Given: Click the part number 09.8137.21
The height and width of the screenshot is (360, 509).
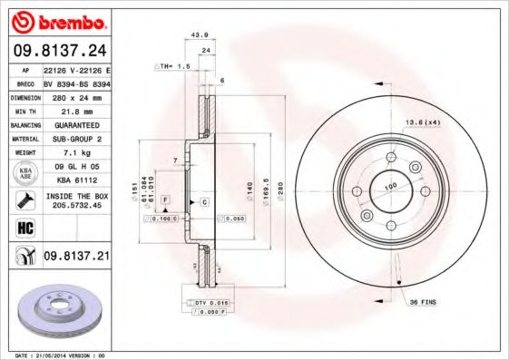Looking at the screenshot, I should (x=77, y=258).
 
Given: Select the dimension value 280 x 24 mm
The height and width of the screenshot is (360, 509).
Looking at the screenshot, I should (x=76, y=95).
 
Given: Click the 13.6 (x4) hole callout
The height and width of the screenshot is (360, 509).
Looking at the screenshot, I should (x=423, y=121).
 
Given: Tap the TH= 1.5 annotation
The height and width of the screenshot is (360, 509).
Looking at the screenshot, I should (x=172, y=66).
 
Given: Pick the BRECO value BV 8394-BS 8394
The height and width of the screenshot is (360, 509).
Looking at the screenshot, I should (x=76, y=82).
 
